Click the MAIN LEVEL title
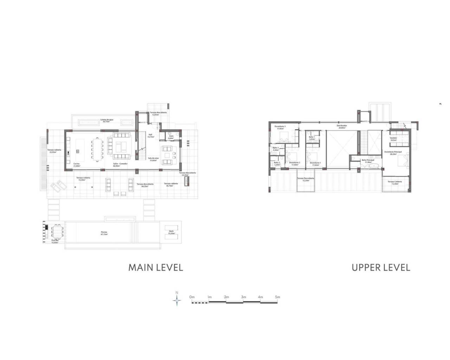[155, 268]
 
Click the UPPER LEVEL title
[381, 268]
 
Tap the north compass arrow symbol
[177, 300]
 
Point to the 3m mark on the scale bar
[243, 297]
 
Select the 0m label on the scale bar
[192, 297]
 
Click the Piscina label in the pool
[104, 233]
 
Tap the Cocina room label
[77, 165]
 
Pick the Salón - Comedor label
[120, 165]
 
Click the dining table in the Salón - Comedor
[96, 150]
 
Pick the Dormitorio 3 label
[280, 127]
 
